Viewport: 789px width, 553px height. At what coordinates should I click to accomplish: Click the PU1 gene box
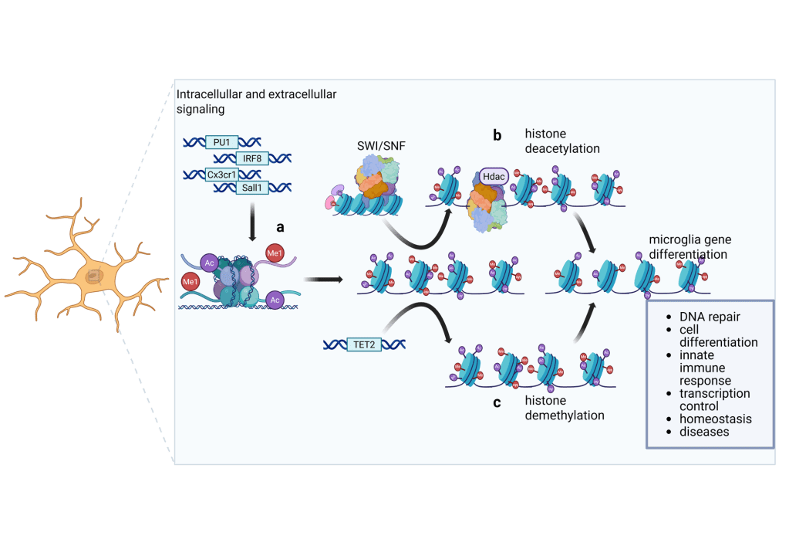point(221,142)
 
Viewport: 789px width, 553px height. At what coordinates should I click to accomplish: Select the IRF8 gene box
point(251,158)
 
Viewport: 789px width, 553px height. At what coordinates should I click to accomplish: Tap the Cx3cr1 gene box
point(222,175)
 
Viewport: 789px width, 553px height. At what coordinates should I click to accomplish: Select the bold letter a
point(281,226)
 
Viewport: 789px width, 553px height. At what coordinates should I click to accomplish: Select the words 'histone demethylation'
point(564,408)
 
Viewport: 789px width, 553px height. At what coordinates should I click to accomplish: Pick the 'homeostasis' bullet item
point(716,419)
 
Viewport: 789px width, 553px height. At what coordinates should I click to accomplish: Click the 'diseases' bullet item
point(704,432)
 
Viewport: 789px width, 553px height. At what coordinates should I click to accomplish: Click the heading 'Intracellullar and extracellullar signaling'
point(257,101)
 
